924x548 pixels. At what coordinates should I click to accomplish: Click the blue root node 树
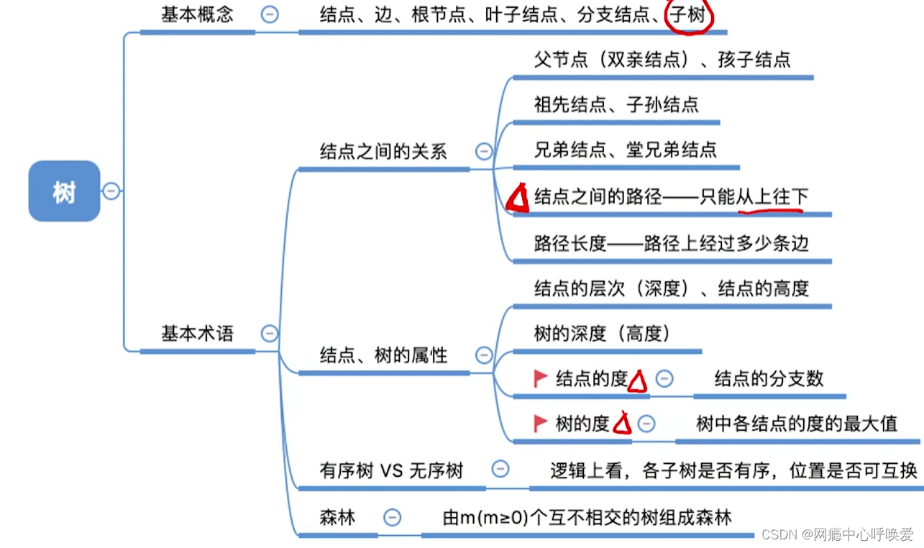tap(64, 191)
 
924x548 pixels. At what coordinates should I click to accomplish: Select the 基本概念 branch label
tap(197, 14)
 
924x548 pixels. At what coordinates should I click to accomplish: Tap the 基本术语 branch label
tap(197, 333)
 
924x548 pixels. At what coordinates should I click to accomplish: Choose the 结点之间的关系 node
tap(383, 151)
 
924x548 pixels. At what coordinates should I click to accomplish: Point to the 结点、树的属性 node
tap(383, 355)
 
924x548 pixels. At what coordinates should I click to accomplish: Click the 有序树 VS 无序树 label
tap(391, 471)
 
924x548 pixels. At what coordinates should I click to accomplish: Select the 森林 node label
tap(337, 517)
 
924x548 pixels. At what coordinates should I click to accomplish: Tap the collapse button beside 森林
tap(392, 517)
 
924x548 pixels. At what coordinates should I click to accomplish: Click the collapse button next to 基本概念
tap(270, 14)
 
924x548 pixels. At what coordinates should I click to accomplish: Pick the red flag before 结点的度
tap(541, 378)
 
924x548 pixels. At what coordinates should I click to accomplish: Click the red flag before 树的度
tap(541, 423)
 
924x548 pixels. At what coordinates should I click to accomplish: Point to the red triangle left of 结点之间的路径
tap(518, 198)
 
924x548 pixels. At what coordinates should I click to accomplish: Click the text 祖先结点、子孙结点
tap(616, 105)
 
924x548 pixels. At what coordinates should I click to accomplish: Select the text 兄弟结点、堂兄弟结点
tap(625, 150)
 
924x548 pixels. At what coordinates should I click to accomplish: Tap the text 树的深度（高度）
tap(602, 334)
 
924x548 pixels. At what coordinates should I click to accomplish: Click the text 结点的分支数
tap(769, 378)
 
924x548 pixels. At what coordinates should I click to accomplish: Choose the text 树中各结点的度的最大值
tap(797, 423)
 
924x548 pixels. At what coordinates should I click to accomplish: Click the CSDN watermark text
tap(837, 534)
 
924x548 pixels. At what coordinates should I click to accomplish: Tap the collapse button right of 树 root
tap(111, 191)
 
